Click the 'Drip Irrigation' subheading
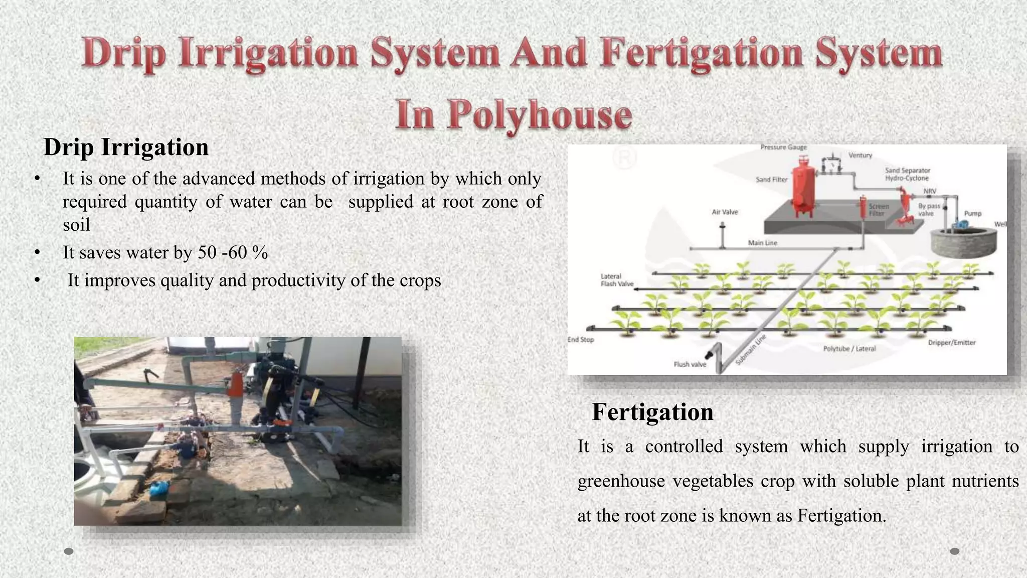pyautogui.click(x=126, y=148)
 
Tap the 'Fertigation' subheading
pyautogui.click(x=652, y=412)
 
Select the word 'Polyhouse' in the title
pyautogui.click(x=540, y=115)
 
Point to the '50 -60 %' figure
pyautogui.click(x=233, y=252)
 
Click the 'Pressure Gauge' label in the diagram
pyautogui.click(x=783, y=148)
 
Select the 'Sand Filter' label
pyautogui.click(x=771, y=180)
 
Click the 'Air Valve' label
pyautogui.click(x=725, y=212)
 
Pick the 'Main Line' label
pyautogui.click(x=762, y=243)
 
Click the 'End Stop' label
pyautogui.click(x=580, y=340)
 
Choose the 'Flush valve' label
pyautogui.click(x=690, y=364)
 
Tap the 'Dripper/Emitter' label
pyautogui.click(x=951, y=343)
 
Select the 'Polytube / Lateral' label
pyautogui.click(x=849, y=349)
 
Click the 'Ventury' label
pyautogui.click(x=860, y=156)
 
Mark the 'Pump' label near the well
pyautogui.click(x=972, y=214)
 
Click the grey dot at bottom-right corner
pyautogui.click(x=954, y=551)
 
